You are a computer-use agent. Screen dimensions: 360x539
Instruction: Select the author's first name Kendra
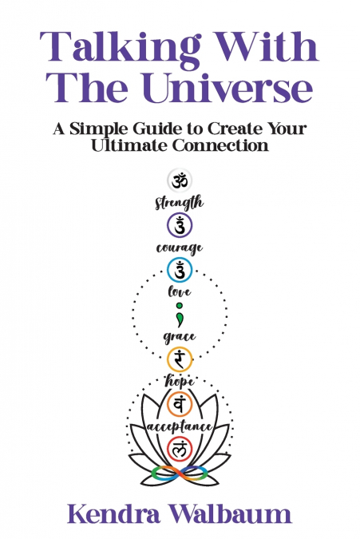click(113, 514)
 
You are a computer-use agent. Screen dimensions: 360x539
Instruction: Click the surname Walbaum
click(231, 514)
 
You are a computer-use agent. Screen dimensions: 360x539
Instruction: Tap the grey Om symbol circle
click(180, 181)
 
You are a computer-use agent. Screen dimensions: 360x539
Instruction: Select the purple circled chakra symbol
click(180, 225)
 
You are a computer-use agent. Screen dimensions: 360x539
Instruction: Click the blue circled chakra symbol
click(180, 270)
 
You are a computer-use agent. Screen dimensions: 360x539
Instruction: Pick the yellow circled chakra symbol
click(180, 359)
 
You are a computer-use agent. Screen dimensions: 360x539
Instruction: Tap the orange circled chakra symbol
click(180, 403)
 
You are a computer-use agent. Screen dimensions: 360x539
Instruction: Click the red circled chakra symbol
click(180, 448)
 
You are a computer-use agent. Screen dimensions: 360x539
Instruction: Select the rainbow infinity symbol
click(180, 474)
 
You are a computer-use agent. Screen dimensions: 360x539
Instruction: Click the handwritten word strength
click(179, 203)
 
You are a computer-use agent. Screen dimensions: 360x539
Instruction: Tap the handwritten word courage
click(180, 248)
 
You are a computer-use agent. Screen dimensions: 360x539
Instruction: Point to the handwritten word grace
click(180, 336)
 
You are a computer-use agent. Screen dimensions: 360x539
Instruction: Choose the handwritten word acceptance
click(180, 426)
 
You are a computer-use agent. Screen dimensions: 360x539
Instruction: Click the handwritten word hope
click(180, 381)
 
